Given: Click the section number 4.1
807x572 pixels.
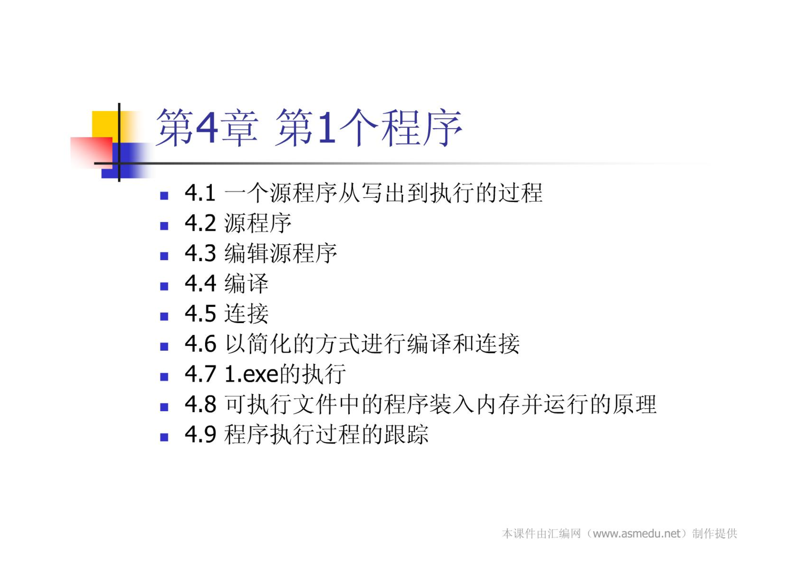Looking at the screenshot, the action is (x=200, y=193).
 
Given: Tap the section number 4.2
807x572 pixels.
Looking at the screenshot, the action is (x=200, y=223).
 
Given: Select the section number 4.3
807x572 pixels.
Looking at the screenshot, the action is (x=200, y=253).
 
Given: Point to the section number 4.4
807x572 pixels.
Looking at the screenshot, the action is (x=200, y=283).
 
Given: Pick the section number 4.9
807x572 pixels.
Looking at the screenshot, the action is (x=200, y=434).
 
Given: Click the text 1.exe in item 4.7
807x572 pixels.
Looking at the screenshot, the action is (x=252, y=374).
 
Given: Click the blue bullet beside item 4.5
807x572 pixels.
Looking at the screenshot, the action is (x=164, y=316).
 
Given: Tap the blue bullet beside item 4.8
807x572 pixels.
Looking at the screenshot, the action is (x=164, y=407).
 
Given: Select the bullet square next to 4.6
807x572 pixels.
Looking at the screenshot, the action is (x=164, y=346).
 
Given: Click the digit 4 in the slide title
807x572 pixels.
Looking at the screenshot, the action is (x=207, y=127).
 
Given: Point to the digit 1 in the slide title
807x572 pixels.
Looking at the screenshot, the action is (x=326, y=127).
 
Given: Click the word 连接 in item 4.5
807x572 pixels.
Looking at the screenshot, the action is (x=247, y=314).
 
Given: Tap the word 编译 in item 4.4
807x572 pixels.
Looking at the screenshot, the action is (x=247, y=283).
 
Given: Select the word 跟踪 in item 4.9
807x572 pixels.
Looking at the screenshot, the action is (x=406, y=434).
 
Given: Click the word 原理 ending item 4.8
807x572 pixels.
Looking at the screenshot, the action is (x=635, y=404).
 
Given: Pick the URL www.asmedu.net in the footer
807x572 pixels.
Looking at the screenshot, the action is (x=637, y=534).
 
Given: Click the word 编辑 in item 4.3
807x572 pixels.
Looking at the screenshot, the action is (x=247, y=253).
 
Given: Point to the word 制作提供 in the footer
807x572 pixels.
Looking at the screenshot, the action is (x=715, y=534).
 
